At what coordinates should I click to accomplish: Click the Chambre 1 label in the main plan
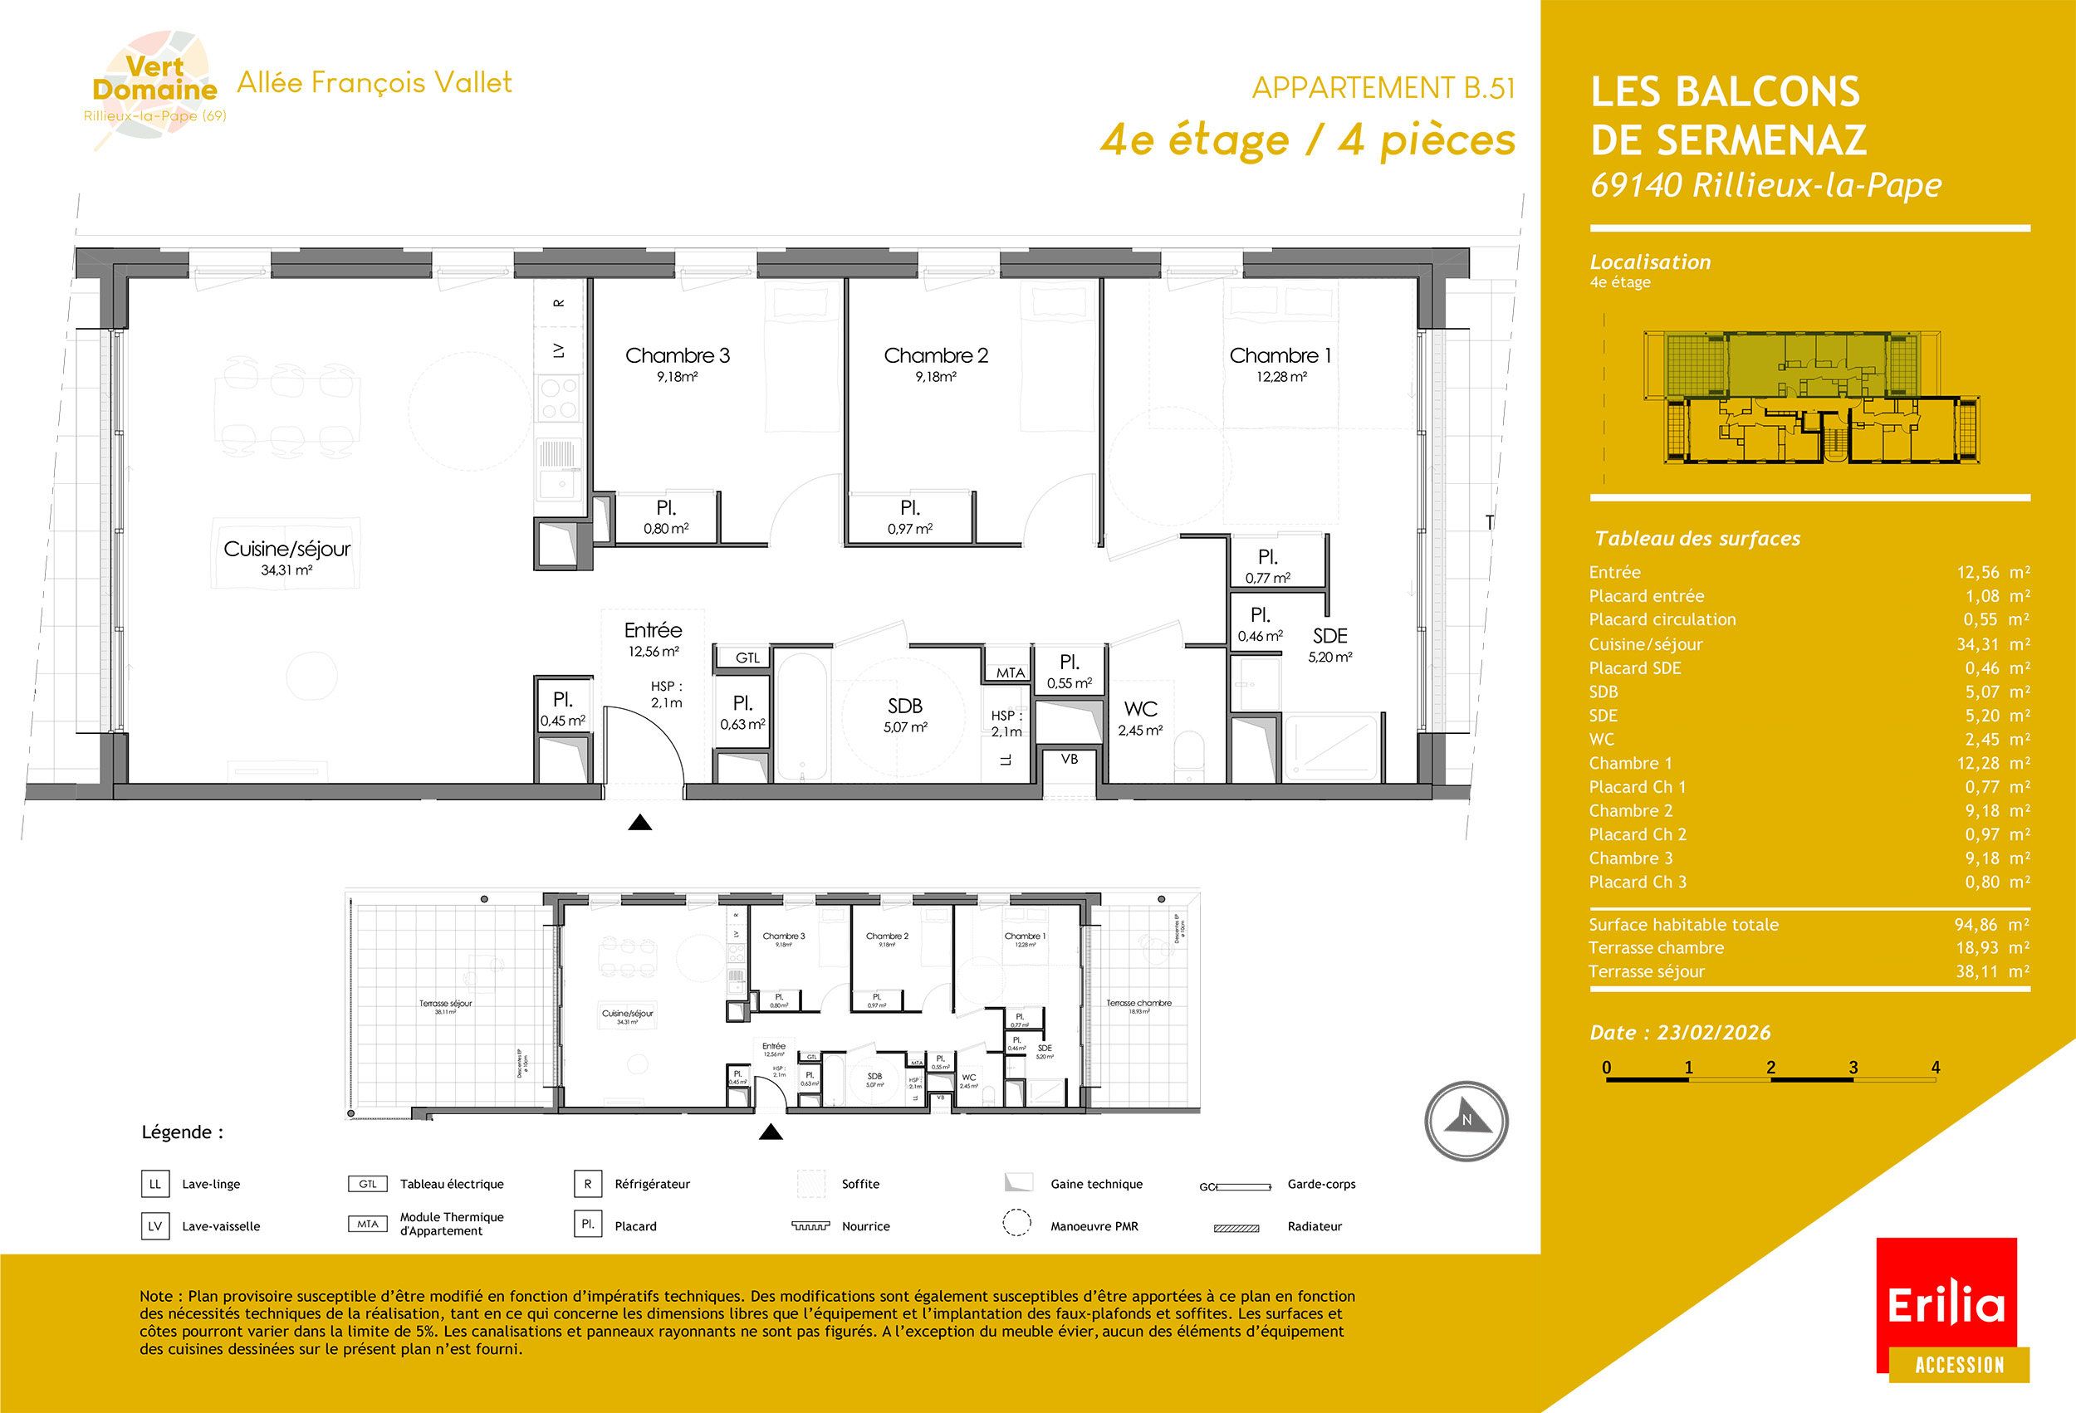(x=1280, y=355)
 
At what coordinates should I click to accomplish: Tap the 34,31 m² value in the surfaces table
(x=1993, y=644)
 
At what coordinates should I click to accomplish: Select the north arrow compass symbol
(x=1466, y=1121)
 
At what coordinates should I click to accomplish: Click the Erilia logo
(x=1946, y=1305)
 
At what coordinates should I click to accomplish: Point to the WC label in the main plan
(x=1141, y=709)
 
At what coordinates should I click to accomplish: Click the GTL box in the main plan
(x=747, y=658)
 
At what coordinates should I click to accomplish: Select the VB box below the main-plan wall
(x=1070, y=759)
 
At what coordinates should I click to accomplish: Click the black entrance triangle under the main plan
(x=639, y=823)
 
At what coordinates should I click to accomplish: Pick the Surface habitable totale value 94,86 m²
(x=1991, y=925)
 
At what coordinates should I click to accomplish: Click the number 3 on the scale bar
(x=1853, y=1068)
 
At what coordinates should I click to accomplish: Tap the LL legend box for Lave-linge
(x=155, y=1185)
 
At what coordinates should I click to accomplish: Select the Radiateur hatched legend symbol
(x=1236, y=1228)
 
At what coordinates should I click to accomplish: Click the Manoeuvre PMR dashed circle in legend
(x=1016, y=1222)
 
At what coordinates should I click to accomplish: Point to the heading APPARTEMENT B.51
(x=1383, y=87)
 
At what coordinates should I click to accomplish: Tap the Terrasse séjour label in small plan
(x=446, y=1004)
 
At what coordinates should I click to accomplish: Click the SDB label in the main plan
(x=905, y=706)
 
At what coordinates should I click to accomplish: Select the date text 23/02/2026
(x=1713, y=1033)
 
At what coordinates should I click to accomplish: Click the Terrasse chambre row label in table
(x=1655, y=947)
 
